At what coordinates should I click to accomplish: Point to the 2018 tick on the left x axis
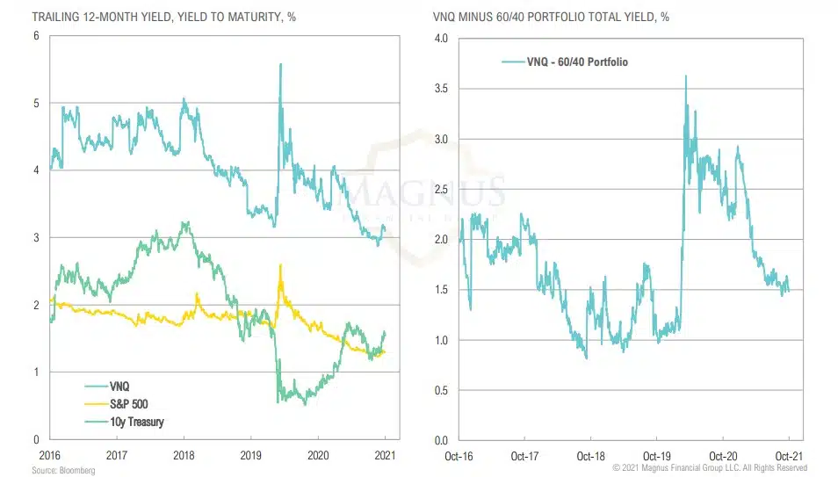[184, 456]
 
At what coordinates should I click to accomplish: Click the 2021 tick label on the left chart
[384, 456]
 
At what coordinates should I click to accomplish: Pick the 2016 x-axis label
[50, 456]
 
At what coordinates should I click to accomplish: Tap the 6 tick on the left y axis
[37, 36]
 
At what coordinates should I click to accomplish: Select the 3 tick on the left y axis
[37, 238]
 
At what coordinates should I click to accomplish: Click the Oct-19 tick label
[656, 456]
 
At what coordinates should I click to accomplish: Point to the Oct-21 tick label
[788, 456]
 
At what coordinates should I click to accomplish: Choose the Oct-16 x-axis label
[459, 456]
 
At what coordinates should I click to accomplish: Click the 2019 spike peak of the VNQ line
[280, 64]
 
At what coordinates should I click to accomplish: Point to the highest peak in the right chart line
[685, 76]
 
